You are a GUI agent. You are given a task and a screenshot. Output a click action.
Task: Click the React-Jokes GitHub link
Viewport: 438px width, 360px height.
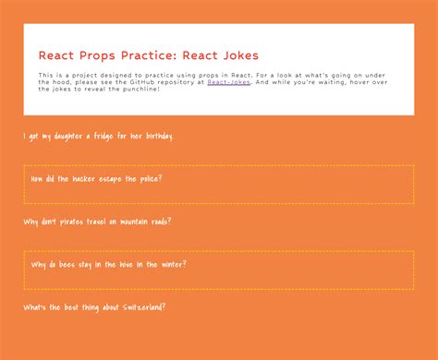[228, 82]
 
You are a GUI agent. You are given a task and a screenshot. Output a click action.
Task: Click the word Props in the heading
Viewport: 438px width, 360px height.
[97, 55]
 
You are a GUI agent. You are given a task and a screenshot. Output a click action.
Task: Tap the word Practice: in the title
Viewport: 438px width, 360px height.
[149, 55]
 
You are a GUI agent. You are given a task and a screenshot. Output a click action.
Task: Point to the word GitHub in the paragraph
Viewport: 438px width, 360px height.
[142, 82]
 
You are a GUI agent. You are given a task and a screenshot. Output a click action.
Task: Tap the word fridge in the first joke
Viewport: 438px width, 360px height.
[103, 136]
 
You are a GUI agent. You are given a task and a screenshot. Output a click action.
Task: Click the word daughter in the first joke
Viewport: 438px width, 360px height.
[68, 137]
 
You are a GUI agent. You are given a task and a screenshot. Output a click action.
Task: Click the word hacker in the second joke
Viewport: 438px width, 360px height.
[83, 179]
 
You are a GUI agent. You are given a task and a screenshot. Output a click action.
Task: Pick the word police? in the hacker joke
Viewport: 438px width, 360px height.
[151, 179]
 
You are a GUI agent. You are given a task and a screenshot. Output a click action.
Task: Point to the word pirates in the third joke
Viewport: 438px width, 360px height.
[71, 222]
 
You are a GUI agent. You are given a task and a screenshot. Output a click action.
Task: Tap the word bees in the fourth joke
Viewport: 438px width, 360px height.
[67, 265]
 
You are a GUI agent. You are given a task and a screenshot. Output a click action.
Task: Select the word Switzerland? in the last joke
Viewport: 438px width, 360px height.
[144, 307]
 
